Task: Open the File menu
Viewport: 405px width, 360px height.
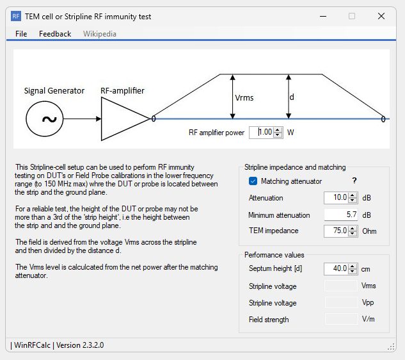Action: coord(21,33)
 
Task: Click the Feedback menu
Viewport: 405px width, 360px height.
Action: coord(55,33)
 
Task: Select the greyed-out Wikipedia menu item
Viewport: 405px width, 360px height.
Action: coord(100,33)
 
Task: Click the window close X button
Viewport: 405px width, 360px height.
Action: coord(381,16)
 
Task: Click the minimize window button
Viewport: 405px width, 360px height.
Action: coord(322,16)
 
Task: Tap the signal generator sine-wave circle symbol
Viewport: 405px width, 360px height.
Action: coord(49,119)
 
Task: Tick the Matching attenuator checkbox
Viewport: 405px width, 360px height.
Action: coord(253,181)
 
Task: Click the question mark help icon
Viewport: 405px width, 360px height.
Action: coord(354,181)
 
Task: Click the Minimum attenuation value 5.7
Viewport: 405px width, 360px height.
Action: coord(340,215)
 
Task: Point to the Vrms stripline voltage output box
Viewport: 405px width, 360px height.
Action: coord(341,286)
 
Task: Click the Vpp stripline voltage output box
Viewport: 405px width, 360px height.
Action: coord(341,302)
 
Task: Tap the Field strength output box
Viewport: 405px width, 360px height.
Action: coord(341,319)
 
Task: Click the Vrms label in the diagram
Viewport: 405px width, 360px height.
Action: coord(245,97)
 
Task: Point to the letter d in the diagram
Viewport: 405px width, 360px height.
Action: coord(292,97)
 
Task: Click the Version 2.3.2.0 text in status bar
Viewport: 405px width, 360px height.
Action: coord(80,345)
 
